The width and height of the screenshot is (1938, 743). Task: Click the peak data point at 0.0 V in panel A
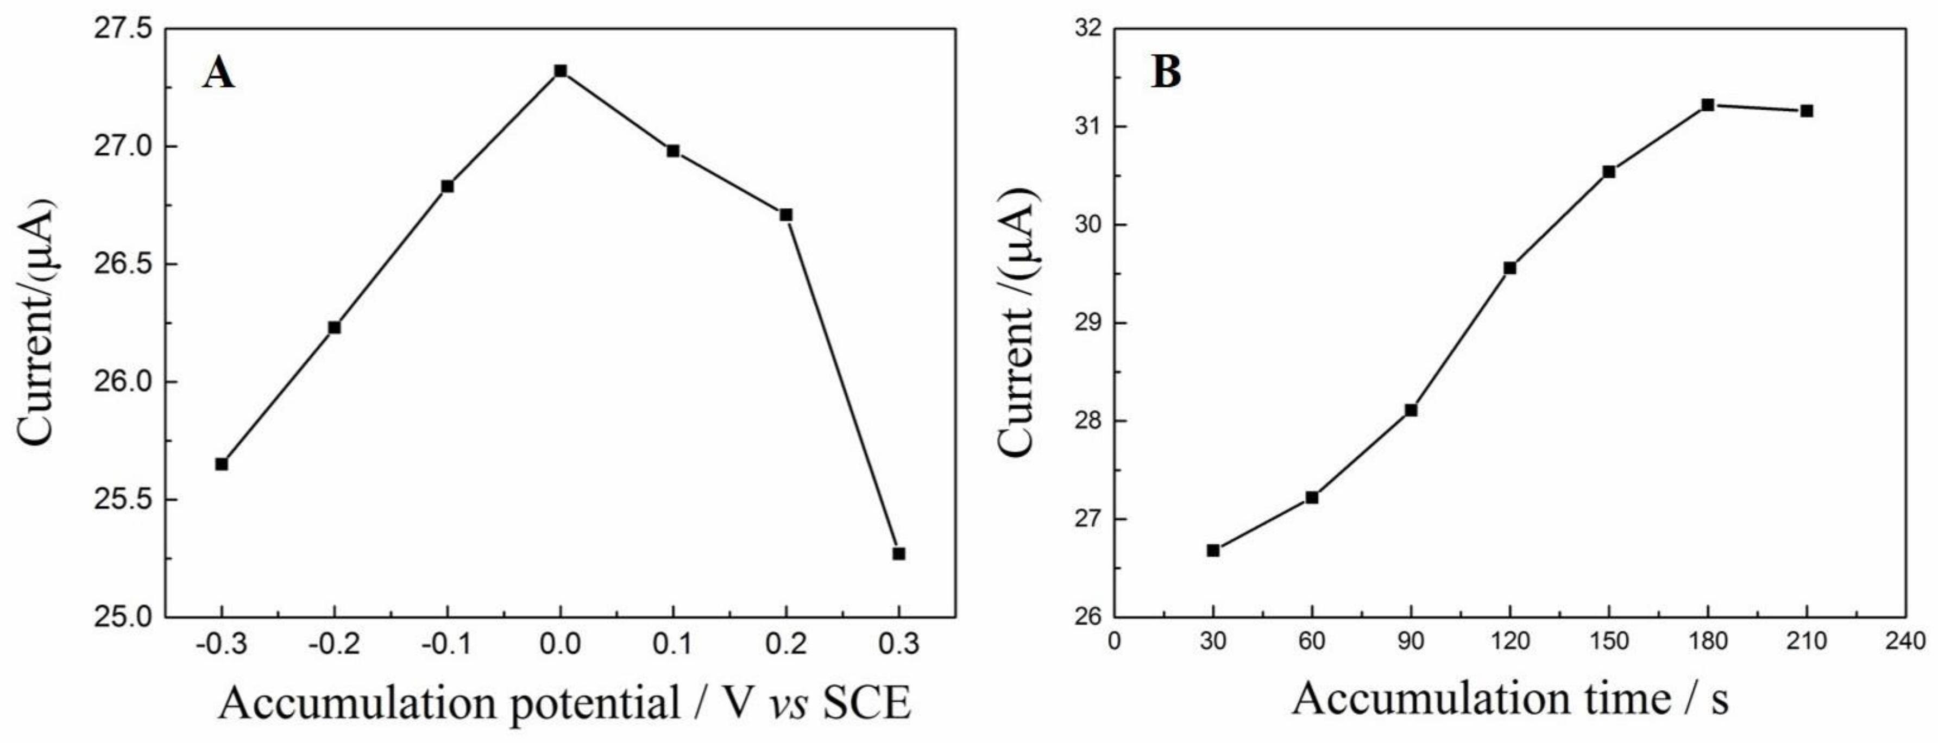pyautogui.click(x=560, y=71)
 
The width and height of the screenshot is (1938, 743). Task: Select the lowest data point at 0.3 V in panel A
pyautogui.click(x=898, y=553)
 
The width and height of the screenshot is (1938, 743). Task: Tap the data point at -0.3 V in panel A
pyautogui.click(x=221, y=464)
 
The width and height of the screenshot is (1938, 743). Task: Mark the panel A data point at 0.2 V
pyautogui.click(x=785, y=215)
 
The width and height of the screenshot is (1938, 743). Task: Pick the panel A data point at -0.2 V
pyautogui.click(x=334, y=327)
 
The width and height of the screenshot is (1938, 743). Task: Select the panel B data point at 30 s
pyautogui.click(x=1213, y=551)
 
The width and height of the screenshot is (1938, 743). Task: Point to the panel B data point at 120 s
pyautogui.click(x=1509, y=268)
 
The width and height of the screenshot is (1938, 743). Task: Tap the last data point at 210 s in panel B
pyautogui.click(x=1807, y=111)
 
